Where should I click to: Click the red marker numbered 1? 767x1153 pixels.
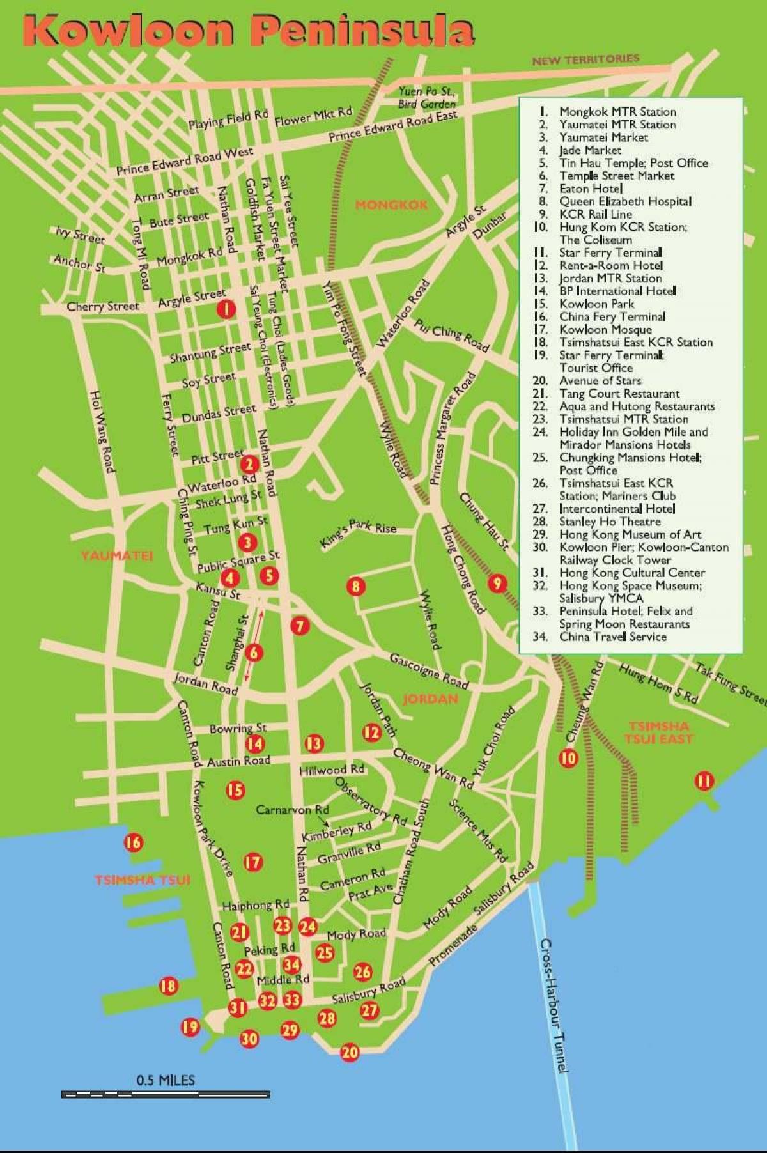point(226,309)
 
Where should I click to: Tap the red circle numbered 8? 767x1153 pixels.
point(356,585)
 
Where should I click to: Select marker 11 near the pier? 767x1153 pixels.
point(704,780)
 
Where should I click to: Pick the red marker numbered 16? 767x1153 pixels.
point(133,842)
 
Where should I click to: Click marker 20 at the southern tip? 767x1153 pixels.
point(350,1052)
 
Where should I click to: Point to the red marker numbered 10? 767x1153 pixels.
point(568,758)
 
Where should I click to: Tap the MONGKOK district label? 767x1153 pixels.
point(391,205)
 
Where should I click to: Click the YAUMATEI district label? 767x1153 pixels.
point(117,555)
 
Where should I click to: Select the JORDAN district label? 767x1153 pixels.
point(431,699)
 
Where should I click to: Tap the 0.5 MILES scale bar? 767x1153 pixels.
point(166,1094)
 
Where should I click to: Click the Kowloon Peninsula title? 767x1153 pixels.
point(249,32)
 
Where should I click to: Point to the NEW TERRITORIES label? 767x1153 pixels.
point(585,59)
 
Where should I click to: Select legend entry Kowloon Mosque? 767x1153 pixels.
point(605,329)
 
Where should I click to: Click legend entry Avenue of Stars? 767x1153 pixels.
point(600,380)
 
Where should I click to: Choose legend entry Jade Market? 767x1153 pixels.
point(590,150)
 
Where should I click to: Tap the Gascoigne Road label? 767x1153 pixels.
point(430,670)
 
